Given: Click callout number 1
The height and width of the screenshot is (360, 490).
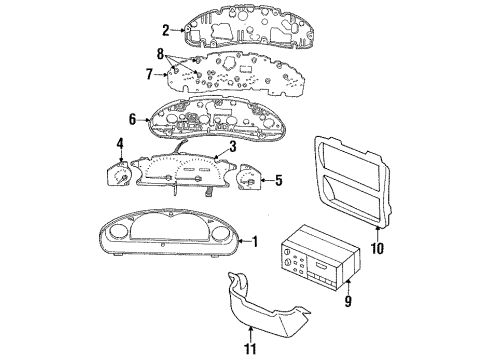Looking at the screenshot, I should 255,240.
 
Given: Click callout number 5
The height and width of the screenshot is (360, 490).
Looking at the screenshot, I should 279,180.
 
